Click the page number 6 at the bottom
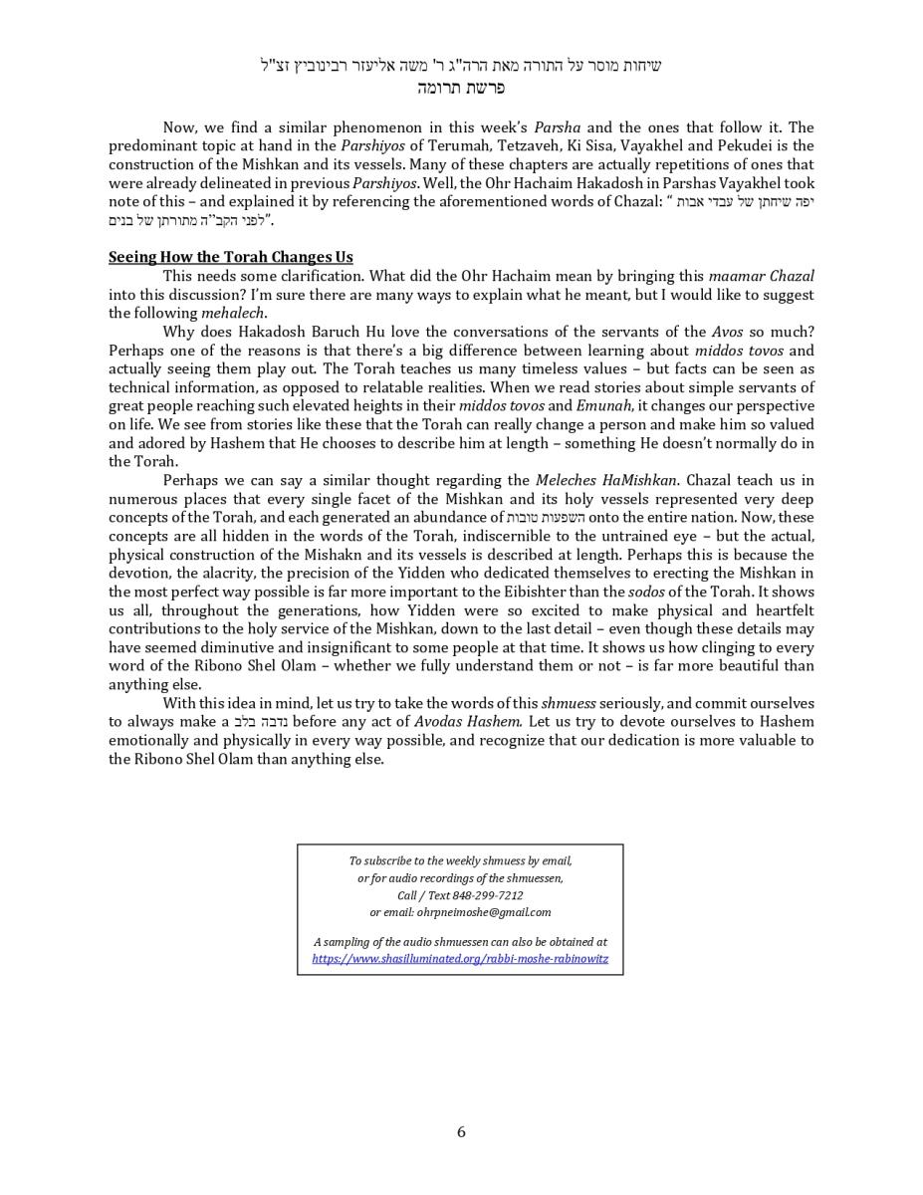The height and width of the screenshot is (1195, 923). pyautogui.click(x=461, y=1132)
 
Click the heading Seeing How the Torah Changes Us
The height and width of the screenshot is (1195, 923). pyautogui.click(x=230, y=257)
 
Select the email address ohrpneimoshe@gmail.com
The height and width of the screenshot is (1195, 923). pyautogui.click(x=484, y=912)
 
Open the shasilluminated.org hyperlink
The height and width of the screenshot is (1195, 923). pyautogui.click(x=460, y=959)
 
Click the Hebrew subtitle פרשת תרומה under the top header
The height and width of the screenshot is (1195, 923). pyautogui.click(x=461, y=88)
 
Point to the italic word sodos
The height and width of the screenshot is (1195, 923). pyautogui.click(x=646, y=592)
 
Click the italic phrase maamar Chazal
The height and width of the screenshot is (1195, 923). pyautogui.click(x=761, y=276)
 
